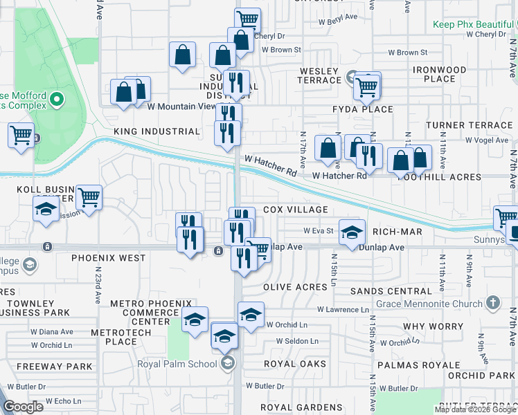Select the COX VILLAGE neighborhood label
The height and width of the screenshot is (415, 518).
295,210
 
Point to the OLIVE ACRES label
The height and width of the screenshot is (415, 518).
295,287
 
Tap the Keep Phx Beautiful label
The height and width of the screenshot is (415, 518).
474,24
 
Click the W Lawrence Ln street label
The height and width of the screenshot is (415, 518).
343,310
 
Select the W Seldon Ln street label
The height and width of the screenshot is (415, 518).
297,341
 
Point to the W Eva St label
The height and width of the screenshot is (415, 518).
319,231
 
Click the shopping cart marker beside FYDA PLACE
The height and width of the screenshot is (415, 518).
366,86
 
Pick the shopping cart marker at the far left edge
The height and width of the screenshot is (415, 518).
21,134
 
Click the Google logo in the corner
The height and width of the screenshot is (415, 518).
23,407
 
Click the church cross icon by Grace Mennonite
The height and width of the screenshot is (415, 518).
492,303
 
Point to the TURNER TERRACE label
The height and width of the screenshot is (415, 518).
469,125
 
